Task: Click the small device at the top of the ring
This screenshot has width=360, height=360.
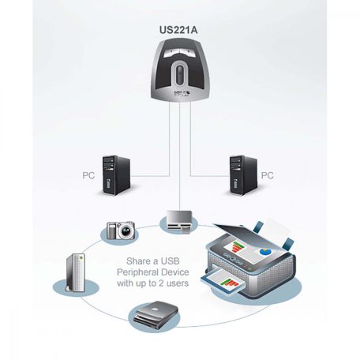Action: pos(178,220)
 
